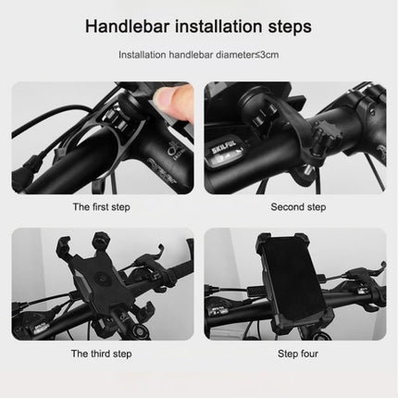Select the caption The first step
pyautogui.click(x=102, y=207)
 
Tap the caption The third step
pyautogui.click(x=102, y=353)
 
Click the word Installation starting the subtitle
pyautogui.click(x=143, y=55)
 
